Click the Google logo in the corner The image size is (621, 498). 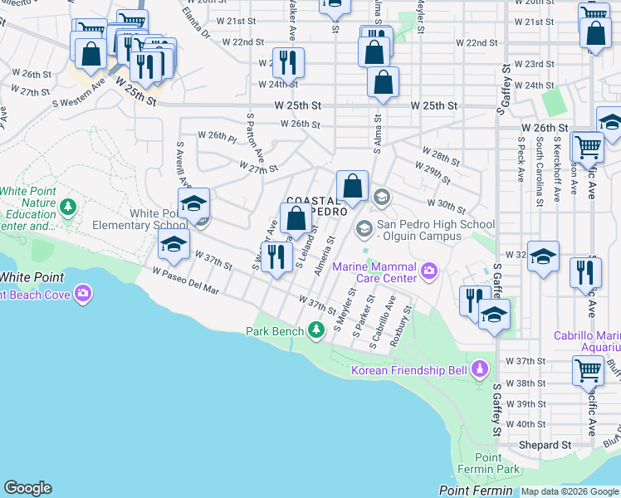[x=27, y=488]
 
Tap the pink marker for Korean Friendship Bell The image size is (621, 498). [x=479, y=369]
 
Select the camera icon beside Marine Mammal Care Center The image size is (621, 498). [x=429, y=269]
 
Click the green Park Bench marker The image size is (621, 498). [x=315, y=331]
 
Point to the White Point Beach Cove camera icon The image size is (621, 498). [x=83, y=293]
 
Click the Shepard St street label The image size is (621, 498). [x=546, y=445]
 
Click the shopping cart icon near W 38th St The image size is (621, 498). [x=588, y=369]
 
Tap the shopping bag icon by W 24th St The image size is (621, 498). [x=383, y=82]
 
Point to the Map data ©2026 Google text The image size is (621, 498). [x=570, y=491]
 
